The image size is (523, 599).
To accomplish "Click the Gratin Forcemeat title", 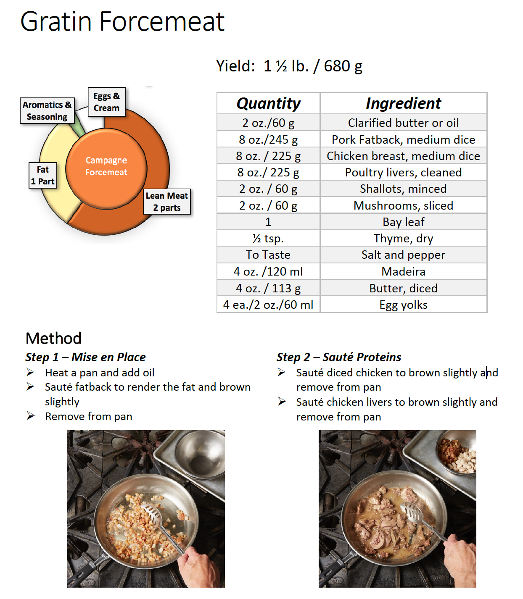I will coord(122,21).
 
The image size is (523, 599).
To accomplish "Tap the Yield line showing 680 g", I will coord(289,66).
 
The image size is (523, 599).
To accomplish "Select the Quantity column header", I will coord(268,103).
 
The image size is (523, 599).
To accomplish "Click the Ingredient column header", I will coord(403,103).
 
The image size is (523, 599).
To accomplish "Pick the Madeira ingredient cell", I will coord(403,272).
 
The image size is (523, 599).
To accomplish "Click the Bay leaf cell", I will coord(403,222).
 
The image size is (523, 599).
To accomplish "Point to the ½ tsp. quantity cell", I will coord(268,239).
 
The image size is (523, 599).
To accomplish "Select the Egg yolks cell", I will coord(403,305).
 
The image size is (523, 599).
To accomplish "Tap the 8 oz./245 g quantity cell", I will coord(268,139).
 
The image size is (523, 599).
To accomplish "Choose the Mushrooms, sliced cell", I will coord(403,205).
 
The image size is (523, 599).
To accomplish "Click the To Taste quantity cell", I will coord(268,255).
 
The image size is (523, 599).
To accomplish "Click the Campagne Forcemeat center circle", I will coord(106,167).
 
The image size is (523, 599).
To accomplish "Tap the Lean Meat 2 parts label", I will coord(166,202).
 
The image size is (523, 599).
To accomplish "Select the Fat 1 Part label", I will coord(42,176).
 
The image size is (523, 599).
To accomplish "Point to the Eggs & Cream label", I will coord(106,102).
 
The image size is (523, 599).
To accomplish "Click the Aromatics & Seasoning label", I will coord(47,111).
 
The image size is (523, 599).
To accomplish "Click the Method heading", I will coord(53,338).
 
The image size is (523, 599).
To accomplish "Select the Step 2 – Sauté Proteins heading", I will coord(338,357).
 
